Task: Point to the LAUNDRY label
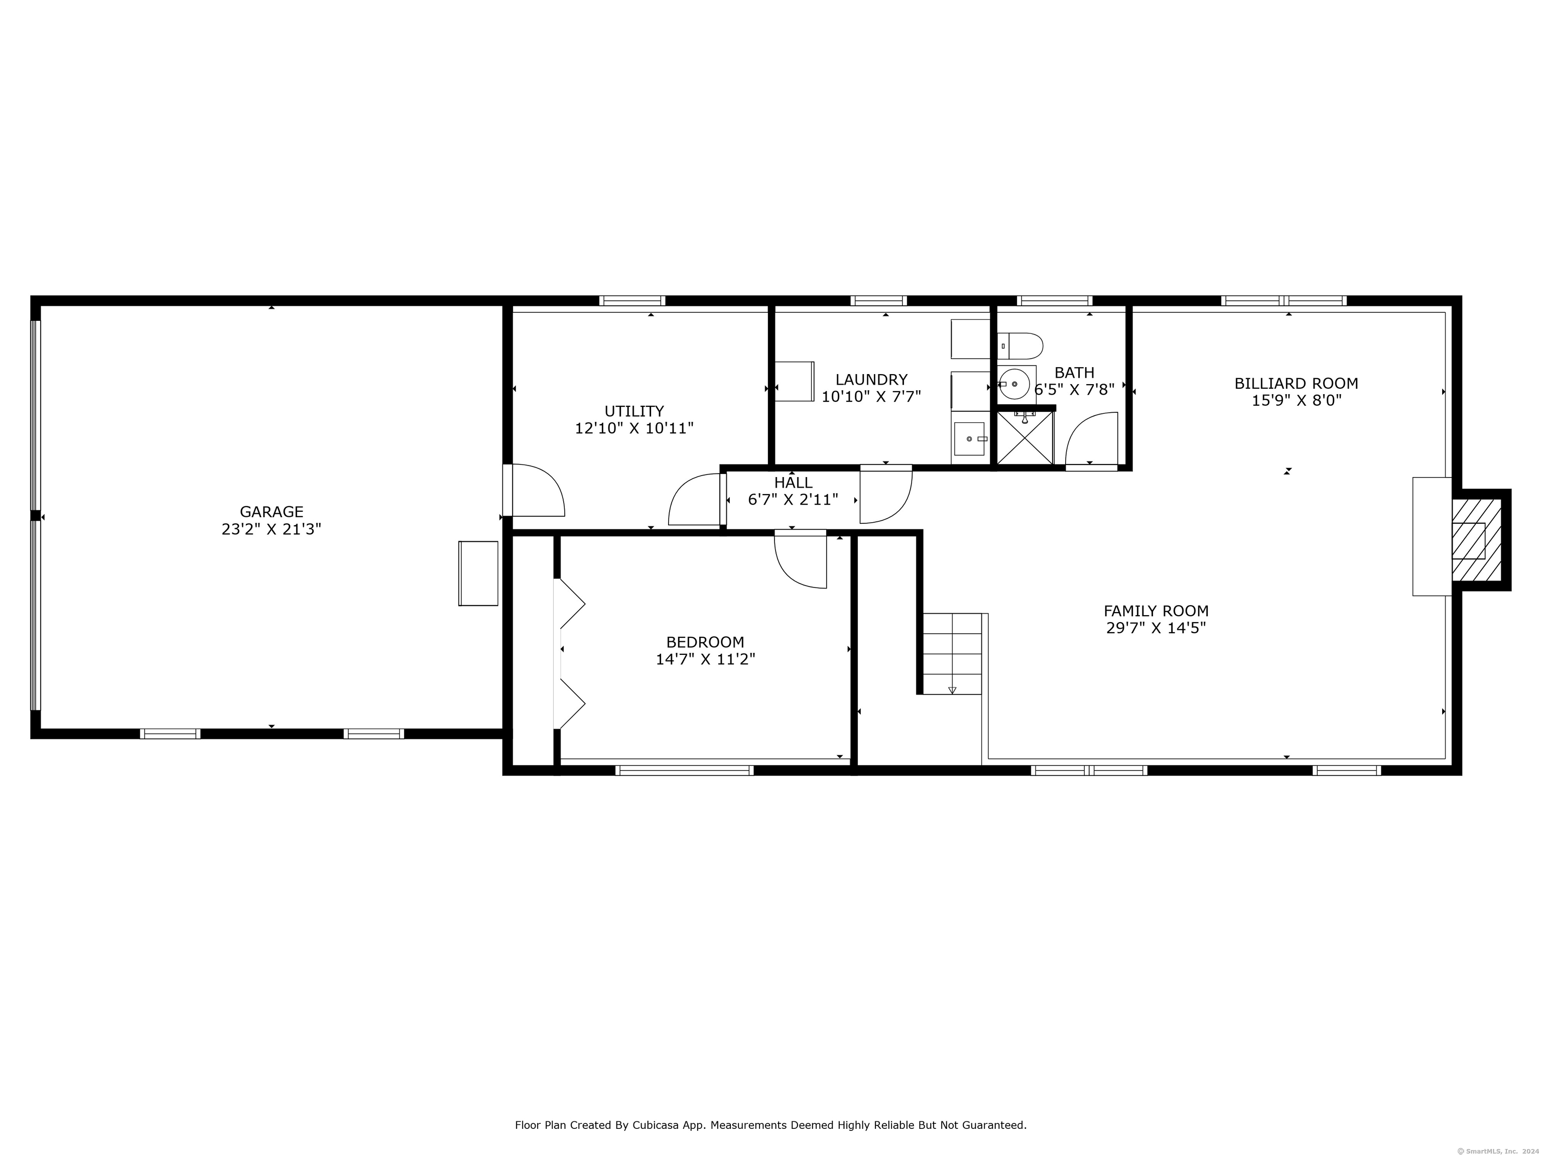tap(871, 380)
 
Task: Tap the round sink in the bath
tap(1014, 384)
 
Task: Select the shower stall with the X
tap(1025, 438)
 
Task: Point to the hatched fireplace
tap(1476, 540)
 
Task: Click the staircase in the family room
tap(952, 653)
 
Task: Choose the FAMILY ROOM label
tap(1156, 611)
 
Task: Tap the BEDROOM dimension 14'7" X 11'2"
tap(705, 659)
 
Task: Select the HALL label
tap(793, 483)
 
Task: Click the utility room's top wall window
tap(632, 301)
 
